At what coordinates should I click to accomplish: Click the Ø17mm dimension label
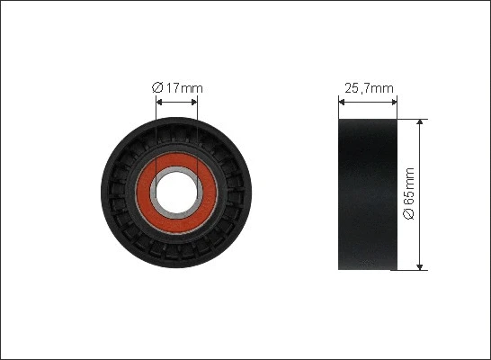coord(177,87)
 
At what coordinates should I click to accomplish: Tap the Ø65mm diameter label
coord(409,194)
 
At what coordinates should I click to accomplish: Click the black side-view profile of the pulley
coord(367,193)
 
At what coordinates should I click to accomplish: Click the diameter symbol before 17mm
coord(157,87)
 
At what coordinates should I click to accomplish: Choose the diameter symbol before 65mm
coord(409,217)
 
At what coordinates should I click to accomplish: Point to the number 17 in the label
coord(172,87)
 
